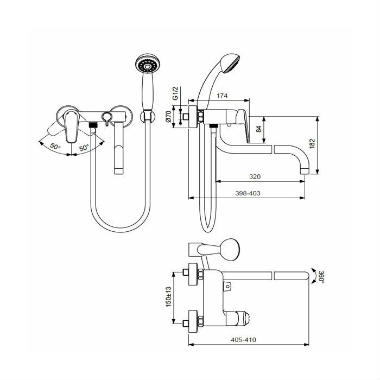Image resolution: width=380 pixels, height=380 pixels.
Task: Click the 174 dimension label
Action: tap(221, 96)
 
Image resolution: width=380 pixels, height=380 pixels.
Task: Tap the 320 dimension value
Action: tap(255, 176)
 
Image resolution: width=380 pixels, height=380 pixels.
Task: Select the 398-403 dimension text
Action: tap(248, 193)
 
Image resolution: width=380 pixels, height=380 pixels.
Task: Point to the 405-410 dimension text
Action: tap(243, 340)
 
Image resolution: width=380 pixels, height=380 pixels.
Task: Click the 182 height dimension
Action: tap(312, 143)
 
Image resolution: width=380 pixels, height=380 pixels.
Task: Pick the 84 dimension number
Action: tap(259, 129)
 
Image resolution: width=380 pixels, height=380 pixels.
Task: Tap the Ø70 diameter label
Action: tap(169, 117)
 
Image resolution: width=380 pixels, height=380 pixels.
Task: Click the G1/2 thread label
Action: tap(175, 93)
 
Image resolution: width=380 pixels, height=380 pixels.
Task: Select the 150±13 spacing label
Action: tap(168, 297)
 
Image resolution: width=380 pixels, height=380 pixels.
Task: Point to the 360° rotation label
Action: tap(321, 277)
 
